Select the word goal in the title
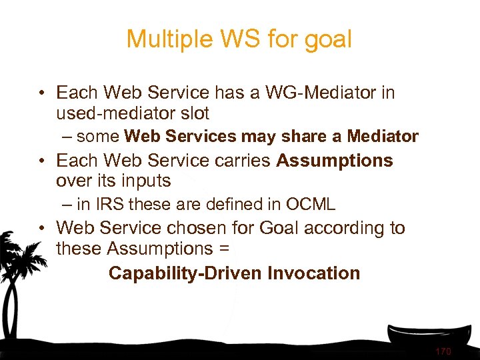point(325,39)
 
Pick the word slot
point(191,113)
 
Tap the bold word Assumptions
point(335,161)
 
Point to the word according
point(342,228)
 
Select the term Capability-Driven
point(185,273)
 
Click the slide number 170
point(443,351)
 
